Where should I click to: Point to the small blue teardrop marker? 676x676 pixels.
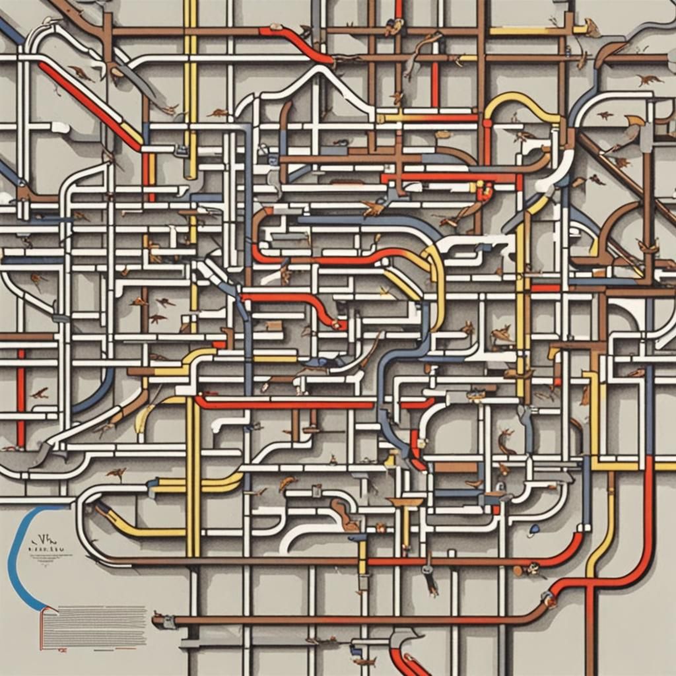(x=533, y=529)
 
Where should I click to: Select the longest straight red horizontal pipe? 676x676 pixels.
(x=284, y=403)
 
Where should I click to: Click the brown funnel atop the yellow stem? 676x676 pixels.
(x=405, y=503)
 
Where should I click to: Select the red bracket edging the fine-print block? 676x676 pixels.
(x=42, y=627)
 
